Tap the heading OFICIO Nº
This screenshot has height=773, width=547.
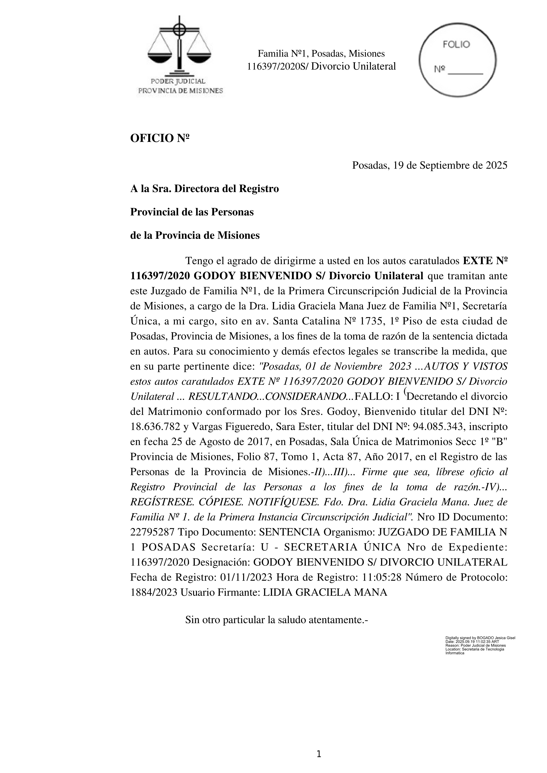pos(160,138)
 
